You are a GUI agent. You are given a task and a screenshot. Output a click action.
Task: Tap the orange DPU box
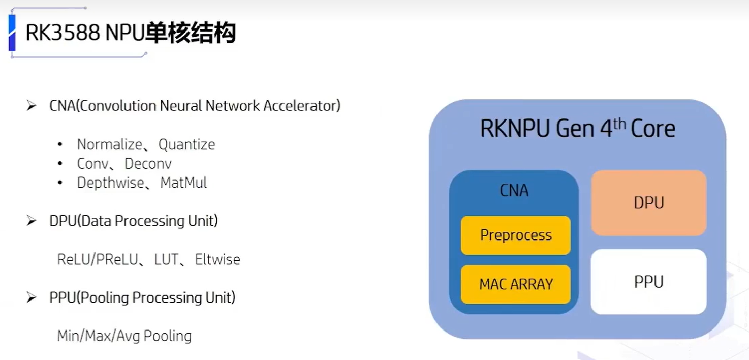coord(648,203)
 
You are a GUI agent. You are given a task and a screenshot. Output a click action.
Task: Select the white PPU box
coord(648,282)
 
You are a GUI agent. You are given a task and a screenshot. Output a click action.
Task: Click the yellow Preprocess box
coord(515,235)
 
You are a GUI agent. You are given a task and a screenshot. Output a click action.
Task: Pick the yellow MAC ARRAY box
coord(515,284)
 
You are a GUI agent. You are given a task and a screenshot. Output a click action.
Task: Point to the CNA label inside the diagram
coord(514,191)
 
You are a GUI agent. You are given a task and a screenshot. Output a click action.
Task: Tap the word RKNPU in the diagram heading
coord(514,129)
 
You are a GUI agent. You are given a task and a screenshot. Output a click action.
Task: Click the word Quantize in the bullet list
coord(186,145)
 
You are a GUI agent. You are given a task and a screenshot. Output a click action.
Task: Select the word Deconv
coord(148,164)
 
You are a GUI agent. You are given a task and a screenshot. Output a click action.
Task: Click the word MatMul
coord(183,183)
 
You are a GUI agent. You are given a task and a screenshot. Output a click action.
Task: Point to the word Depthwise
coord(110,183)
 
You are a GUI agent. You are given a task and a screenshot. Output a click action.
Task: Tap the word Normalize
coord(109,145)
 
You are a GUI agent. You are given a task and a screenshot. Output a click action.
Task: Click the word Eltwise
coord(217,260)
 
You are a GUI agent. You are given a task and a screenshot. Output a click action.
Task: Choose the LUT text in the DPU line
coord(166,260)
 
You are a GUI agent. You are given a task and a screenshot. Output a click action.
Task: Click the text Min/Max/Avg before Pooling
coord(99,336)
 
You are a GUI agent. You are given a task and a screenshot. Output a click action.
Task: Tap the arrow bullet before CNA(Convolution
coord(32,106)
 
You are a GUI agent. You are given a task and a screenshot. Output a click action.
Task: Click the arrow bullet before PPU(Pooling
coord(32,297)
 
